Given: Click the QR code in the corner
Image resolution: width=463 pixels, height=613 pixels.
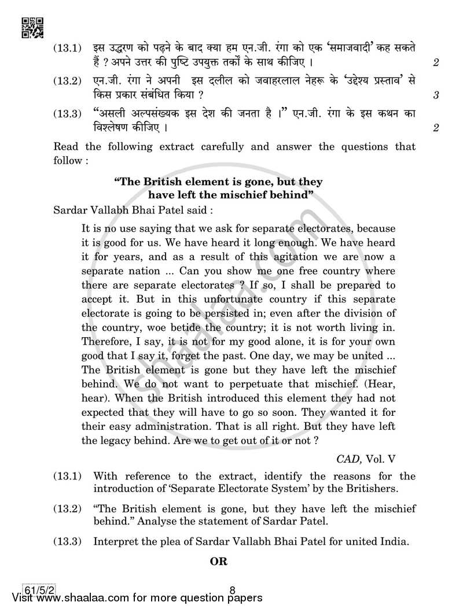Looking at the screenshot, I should pos(32,27).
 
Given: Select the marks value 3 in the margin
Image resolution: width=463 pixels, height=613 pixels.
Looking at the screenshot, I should pos(435,95).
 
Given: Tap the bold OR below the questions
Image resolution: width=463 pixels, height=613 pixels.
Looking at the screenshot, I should pos(219,561).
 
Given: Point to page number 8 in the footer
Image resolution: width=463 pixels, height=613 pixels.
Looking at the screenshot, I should pos(231,590).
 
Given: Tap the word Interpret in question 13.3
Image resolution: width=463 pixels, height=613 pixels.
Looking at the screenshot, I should pos(116,542).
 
